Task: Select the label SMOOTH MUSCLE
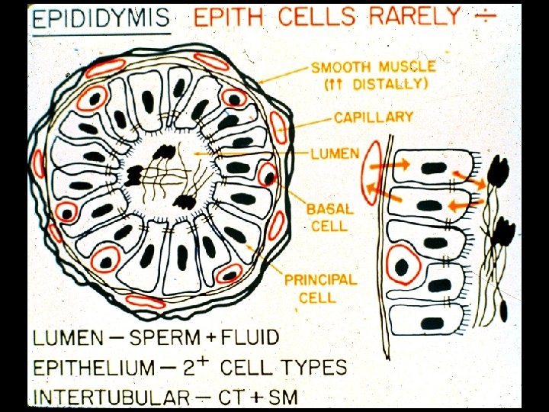[374, 68]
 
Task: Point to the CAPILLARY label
[374, 117]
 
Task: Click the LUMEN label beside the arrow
[334, 153]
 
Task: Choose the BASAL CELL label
[329, 217]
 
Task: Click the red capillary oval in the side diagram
[370, 173]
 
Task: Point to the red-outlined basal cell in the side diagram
[403, 267]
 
